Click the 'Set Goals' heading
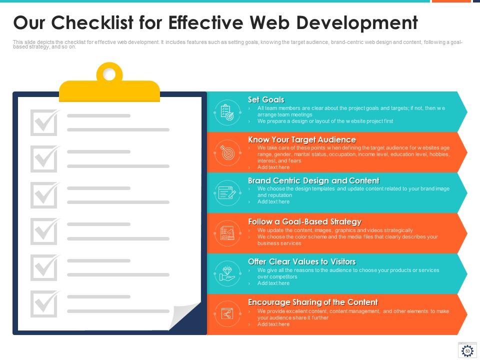[266, 100]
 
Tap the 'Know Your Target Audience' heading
[302, 140]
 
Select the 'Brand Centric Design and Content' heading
[313, 180]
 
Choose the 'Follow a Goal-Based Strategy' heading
[304, 221]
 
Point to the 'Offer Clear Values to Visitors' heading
[302, 261]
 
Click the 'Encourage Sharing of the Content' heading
[313, 302]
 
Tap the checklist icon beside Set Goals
[227, 112]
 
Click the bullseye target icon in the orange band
[227, 152]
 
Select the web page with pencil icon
[227, 193]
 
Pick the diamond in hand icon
[227, 273]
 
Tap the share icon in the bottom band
[227, 314]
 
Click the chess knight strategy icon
[227, 233]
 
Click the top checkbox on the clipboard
[44, 122]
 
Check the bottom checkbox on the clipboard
[44, 303]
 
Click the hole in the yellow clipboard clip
[109, 74]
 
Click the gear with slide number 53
[467, 351]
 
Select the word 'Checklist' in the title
[92, 22]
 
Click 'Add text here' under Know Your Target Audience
[273, 167]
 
